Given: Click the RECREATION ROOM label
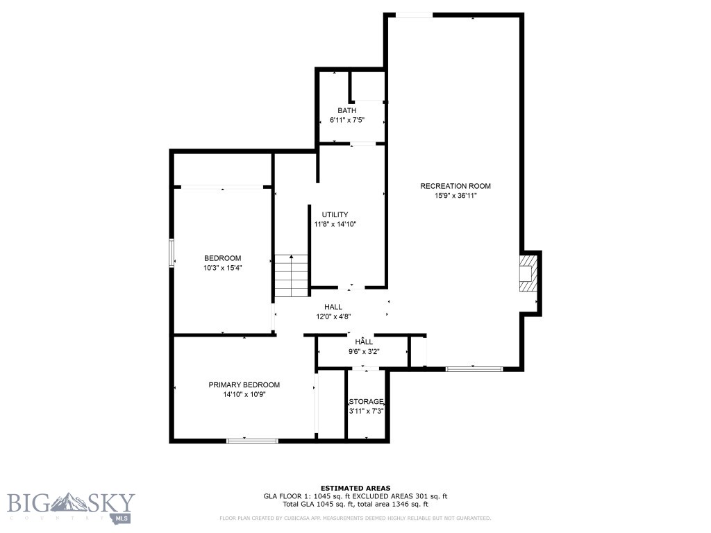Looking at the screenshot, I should [455, 186].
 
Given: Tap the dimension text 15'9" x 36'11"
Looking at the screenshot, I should [455, 196].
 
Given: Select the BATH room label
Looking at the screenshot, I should [347, 111].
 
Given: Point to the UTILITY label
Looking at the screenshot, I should [335, 214].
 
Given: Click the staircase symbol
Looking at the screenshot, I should [291, 276].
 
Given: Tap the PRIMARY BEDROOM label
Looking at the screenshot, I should [244, 384].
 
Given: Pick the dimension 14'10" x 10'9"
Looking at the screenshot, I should [244, 394].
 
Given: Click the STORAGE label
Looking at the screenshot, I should [366, 402].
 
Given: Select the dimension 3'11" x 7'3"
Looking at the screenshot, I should [366, 411].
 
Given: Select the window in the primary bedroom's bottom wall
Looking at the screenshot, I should [253, 440].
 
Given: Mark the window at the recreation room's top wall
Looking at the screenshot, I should [414, 15].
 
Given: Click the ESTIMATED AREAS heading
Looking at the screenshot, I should [355, 488].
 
